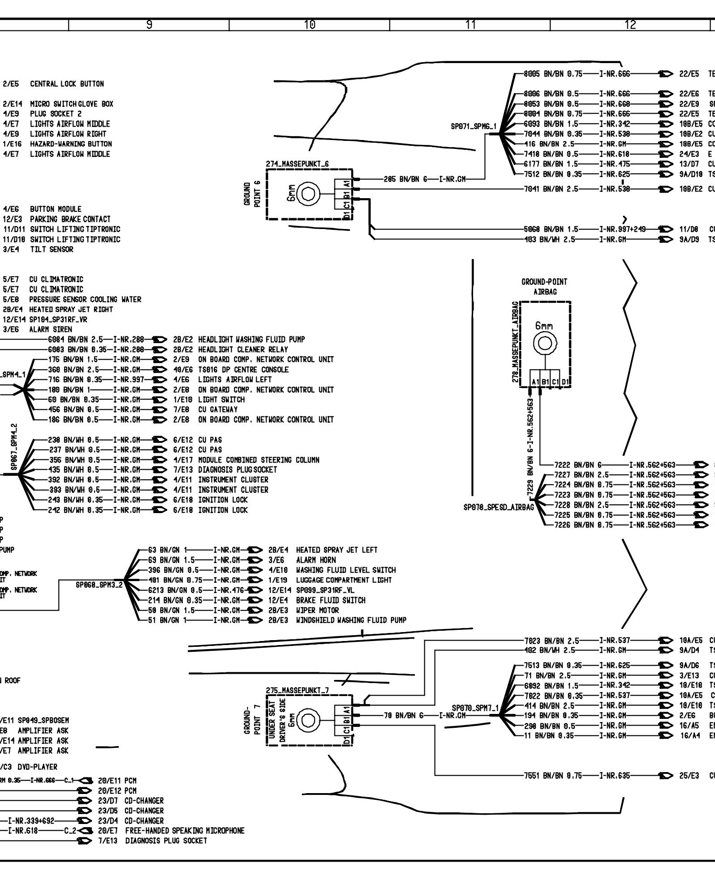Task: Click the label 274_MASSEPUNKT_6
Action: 297,164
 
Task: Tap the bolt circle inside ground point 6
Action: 309,194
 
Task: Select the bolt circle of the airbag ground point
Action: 544,343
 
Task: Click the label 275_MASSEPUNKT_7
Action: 297,690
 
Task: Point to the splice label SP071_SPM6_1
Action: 474,127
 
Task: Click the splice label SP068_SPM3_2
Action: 99,585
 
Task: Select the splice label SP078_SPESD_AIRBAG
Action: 499,507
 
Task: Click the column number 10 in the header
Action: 309,25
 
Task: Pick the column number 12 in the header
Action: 630,25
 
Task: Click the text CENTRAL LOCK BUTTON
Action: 67,84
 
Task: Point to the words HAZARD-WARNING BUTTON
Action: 71,144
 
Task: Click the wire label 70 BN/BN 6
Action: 403,716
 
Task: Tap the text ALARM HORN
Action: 316,560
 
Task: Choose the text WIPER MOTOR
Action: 317,610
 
